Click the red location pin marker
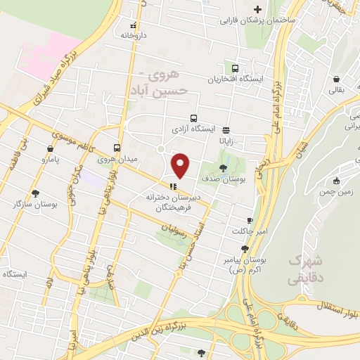[181, 165]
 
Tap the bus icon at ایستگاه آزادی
[193, 119]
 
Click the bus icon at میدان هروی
[117, 148]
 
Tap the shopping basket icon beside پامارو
[50, 149]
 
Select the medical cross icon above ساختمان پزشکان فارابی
[257, 10]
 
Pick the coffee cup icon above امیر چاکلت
[249, 220]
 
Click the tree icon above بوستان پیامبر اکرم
[244, 248]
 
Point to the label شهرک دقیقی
[304, 268]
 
